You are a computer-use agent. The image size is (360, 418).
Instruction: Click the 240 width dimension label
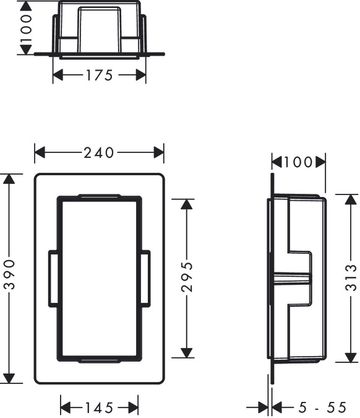99,152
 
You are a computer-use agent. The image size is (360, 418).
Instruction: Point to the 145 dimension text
99,407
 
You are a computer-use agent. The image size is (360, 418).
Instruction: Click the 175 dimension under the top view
100,76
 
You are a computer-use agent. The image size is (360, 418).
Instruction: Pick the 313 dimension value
351,279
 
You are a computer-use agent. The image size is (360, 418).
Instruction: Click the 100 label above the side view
299,162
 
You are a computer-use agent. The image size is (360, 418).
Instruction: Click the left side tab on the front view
53,278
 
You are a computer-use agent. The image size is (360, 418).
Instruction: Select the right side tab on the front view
145,278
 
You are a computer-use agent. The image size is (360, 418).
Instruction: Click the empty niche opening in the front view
99,279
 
